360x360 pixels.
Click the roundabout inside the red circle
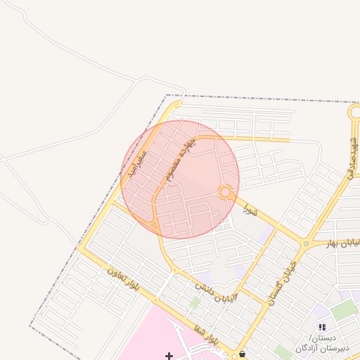tap(225, 191)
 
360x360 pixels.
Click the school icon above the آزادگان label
tap(322, 327)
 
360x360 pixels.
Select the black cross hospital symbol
tap(169, 356)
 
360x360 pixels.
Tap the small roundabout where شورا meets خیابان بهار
tap(305, 243)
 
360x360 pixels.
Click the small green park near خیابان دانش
tap(195, 302)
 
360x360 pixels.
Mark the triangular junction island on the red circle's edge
tap(154, 225)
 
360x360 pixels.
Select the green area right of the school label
tap(345, 309)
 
